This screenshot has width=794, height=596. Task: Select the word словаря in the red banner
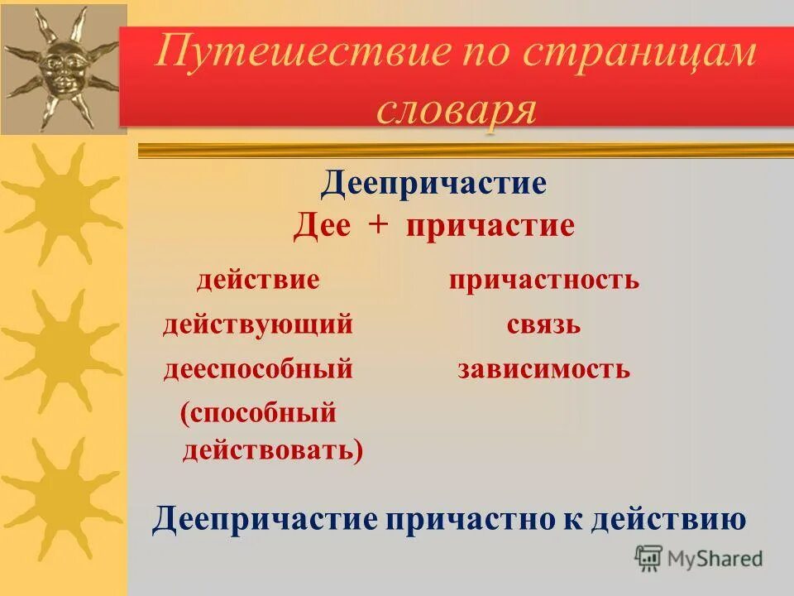(456, 108)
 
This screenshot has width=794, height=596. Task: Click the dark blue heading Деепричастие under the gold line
(434, 183)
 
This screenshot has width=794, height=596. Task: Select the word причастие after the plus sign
(490, 226)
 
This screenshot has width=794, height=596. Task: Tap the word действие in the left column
(257, 280)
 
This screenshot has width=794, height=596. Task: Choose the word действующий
(257, 324)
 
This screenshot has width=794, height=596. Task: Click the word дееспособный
(257, 369)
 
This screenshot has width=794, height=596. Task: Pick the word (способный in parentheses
(258, 412)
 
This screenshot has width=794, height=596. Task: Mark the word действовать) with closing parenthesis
(272, 450)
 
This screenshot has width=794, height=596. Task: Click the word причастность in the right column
(544, 280)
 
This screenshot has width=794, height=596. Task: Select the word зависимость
(544, 369)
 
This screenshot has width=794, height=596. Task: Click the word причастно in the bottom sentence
(470, 519)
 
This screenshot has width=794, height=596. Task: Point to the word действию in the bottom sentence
(672, 519)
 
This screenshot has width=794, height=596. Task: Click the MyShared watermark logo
(699, 559)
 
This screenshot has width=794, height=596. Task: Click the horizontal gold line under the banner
(463, 150)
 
